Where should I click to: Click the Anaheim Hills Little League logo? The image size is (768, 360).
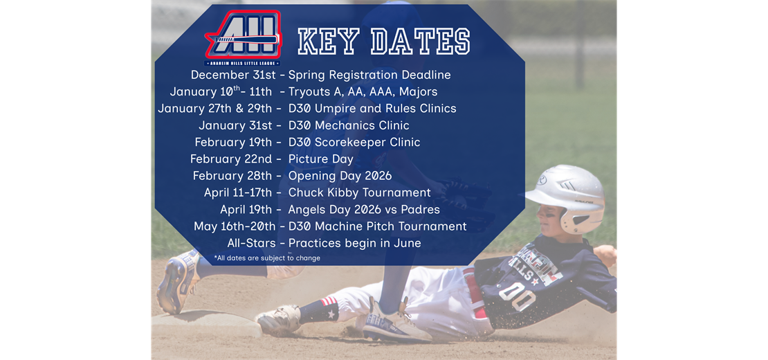tap(241, 39)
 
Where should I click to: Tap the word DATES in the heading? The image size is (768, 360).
tap(421, 42)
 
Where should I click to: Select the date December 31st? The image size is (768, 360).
tap(231, 75)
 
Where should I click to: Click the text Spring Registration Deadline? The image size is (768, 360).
tap(369, 75)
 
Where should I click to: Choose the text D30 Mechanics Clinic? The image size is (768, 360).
tap(349, 125)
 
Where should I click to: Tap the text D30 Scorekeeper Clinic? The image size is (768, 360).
tap(354, 142)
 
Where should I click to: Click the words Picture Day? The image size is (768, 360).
tap(321, 159)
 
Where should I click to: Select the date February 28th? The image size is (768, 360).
tap(232, 176)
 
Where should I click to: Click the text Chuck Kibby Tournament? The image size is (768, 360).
tap(360, 192)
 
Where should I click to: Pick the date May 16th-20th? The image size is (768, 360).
tap(235, 226)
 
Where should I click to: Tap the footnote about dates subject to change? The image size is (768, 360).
tap(267, 258)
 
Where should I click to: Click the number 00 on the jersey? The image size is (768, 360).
tap(517, 297)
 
